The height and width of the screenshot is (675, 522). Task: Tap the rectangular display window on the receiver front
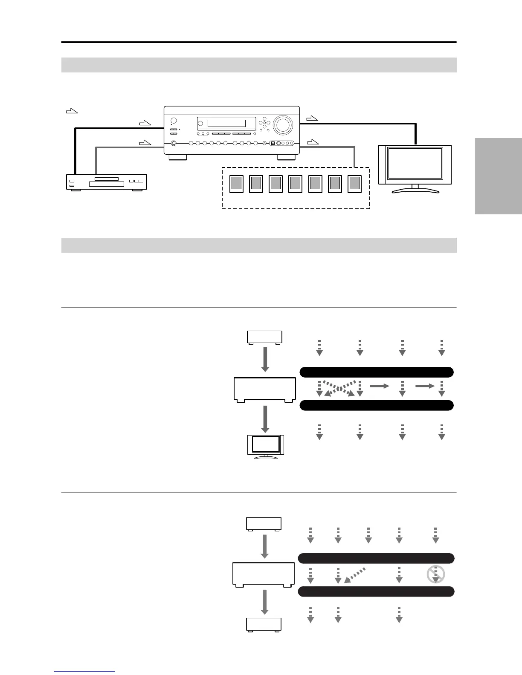226,124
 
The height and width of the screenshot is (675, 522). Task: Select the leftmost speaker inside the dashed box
236,183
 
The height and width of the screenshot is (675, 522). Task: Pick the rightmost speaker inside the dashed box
354,183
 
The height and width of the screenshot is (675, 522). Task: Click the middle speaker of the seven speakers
295,183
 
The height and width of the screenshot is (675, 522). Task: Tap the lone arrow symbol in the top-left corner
72,112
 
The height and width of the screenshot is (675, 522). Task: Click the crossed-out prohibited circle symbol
435,574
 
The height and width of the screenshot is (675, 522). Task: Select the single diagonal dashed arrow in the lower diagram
355,575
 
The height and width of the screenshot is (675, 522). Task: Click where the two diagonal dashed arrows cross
339,388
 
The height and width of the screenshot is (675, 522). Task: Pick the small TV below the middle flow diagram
266,447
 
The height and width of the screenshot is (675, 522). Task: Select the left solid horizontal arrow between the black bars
380,386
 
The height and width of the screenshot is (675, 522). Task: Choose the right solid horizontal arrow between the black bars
425,386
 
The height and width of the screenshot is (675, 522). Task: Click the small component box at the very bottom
264,625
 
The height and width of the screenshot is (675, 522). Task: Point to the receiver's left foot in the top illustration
177,157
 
